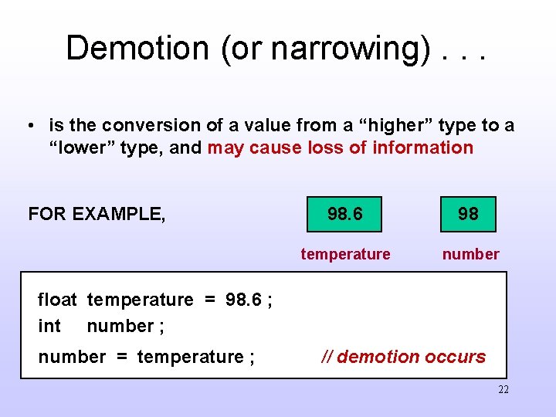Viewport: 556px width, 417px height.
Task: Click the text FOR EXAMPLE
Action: pyautogui.click(x=97, y=214)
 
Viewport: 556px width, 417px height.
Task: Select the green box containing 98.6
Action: pyautogui.click(x=344, y=214)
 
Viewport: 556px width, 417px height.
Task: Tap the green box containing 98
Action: pyautogui.click(x=468, y=214)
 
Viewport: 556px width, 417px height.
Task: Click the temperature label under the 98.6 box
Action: pyautogui.click(x=345, y=254)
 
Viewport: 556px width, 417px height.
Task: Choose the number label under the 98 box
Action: pyautogui.click(x=470, y=254)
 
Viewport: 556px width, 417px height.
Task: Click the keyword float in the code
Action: pyautogui.click(x=57, y=300)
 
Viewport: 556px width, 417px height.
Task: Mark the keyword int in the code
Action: pyautogui.click(x=49, y=326)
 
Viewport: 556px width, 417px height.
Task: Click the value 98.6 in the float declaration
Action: pyautogui.click(x=243, y=300)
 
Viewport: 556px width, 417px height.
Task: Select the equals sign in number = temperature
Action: pyautogui.click(x=120, y=357)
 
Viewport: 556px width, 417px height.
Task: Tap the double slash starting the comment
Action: pyautogui.click(x=327, y=357)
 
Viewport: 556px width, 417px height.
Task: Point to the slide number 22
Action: pyautogui.click(x=503, y=390)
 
